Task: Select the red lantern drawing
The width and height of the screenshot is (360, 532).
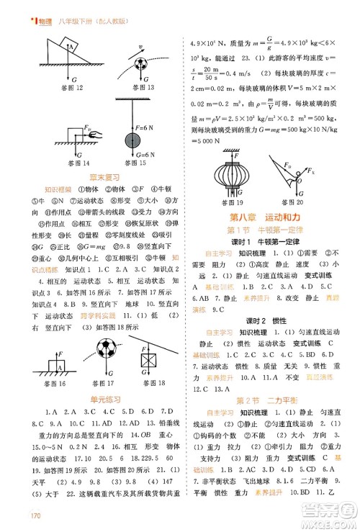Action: pos(233,176)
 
